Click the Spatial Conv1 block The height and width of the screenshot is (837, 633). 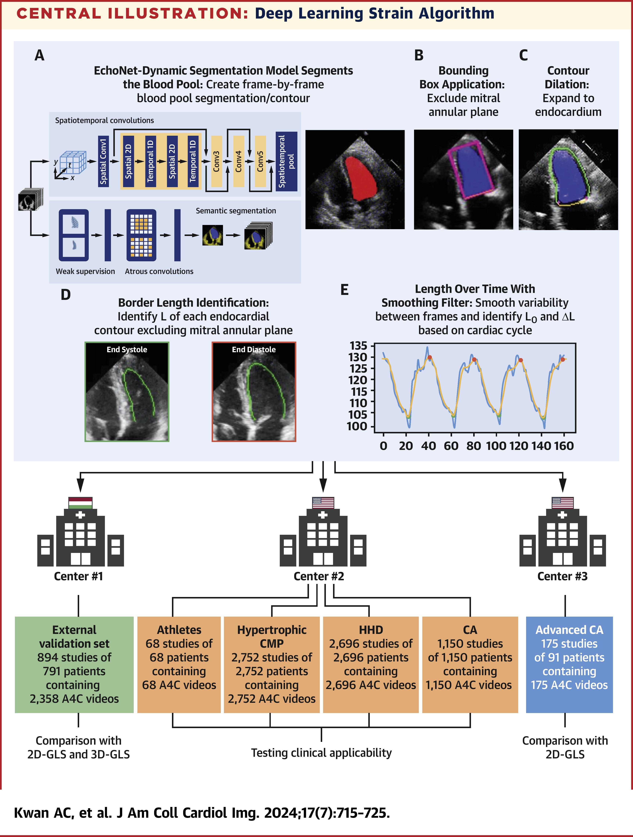click(x=103, y=162)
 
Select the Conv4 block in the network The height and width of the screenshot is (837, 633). click(x=238, y=162)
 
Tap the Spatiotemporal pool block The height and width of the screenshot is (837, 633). click(x=286, y=162)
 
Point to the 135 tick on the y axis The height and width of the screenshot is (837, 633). click(x=358, y=345)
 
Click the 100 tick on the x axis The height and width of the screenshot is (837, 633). click(x=496, y=446)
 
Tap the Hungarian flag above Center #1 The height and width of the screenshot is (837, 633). click(x=80, y=503)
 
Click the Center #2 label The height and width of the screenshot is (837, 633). click(x=319, y=576)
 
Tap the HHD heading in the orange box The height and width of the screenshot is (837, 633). click(x=371, y=630)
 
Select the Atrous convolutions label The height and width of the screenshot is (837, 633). click(x=159, y=271)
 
